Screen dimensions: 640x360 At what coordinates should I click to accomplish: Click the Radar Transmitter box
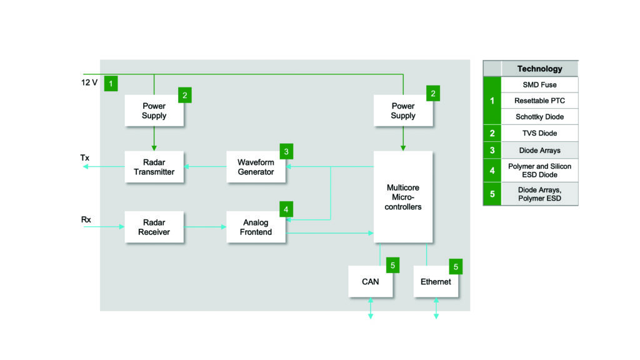(x=154, y=167)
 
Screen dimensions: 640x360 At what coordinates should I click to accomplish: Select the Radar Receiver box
(x=154, y=227)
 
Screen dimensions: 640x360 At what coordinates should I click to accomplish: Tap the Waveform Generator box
(x=256, y=167)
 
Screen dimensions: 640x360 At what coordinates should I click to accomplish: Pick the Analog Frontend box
(x=256, y=227)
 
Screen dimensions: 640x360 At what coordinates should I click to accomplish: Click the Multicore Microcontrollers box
(x=403, y=197)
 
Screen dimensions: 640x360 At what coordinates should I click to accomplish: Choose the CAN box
(x=371, y=282)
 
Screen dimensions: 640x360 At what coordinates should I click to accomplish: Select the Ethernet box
(x=436, y=282)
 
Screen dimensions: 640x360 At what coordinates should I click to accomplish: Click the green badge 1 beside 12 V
(x=111, y=83)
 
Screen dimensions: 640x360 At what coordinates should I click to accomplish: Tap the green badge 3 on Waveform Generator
(x=286, y=151)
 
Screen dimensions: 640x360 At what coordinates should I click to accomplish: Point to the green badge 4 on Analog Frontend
(x=286, y=209)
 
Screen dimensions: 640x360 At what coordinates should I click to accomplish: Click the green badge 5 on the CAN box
(x=392, y=265)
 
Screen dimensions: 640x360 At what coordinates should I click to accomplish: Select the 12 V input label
(x=89, y=82)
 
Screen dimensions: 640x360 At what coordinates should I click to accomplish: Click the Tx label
(x=85, y=157)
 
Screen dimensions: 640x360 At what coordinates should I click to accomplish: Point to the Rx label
(x=86, y=219)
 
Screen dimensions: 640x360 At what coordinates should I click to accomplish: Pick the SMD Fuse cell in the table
(x=539, y=84)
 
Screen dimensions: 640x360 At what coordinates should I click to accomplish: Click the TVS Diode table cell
(x=539, y=133)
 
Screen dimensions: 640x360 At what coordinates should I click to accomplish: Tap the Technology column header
(x=539, y=69)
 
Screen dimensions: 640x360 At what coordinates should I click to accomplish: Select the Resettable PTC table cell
(x=539, y=101)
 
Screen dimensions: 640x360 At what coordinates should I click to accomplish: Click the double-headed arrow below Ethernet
(x=436, y=308)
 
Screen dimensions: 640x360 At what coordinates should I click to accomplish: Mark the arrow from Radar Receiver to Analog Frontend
(x=205, y=227)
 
